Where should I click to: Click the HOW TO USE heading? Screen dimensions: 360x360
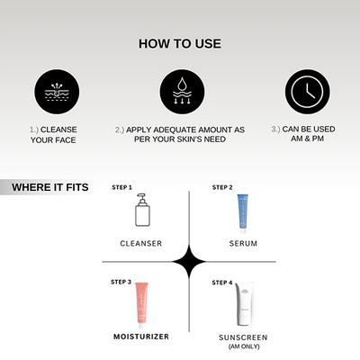tap(180, 42)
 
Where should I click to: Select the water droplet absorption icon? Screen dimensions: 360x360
tap(180, 91)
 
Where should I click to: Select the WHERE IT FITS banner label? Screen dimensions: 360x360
tap(52, 188)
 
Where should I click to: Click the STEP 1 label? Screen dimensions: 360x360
tap(121, 187)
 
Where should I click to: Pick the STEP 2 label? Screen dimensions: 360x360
tap(222, 187)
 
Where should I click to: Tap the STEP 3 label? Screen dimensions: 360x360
tap(121, 283)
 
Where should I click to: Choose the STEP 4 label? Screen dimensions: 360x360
tap(222, 283)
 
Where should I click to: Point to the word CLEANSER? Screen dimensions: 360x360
tap(141, 243)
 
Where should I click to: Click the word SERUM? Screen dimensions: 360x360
tap(242, 243)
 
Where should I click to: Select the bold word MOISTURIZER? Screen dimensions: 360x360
tap(141, 337)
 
